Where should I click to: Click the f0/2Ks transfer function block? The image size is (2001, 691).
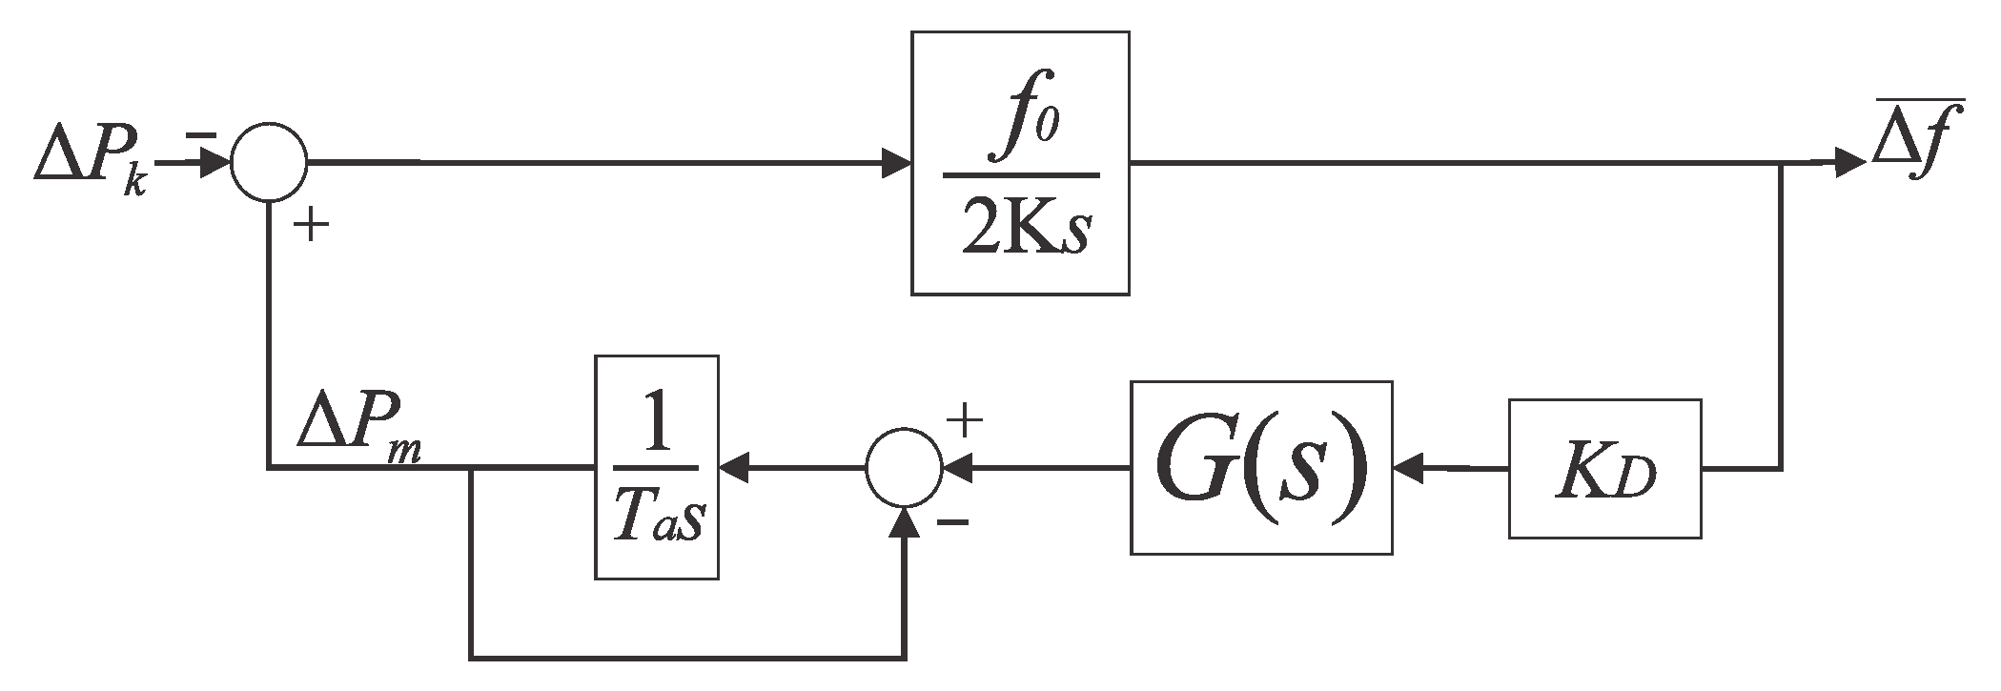(x=1020, y=163)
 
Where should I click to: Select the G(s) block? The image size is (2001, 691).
(x=1260, y=468)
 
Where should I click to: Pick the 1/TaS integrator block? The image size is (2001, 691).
(x=656, y=467)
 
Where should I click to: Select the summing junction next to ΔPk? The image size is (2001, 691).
(x=269, y=162)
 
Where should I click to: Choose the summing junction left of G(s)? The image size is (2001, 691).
(x=904, y=468)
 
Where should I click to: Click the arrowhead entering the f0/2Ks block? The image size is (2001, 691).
(x=896, y=163)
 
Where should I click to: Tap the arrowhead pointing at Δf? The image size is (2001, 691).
(x=1849, y=163)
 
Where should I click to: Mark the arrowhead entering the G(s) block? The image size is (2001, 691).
(x=1408, y=468)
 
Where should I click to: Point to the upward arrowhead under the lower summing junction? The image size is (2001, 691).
(x=904, y=522)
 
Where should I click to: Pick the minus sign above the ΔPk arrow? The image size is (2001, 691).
(x=200, y=136)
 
